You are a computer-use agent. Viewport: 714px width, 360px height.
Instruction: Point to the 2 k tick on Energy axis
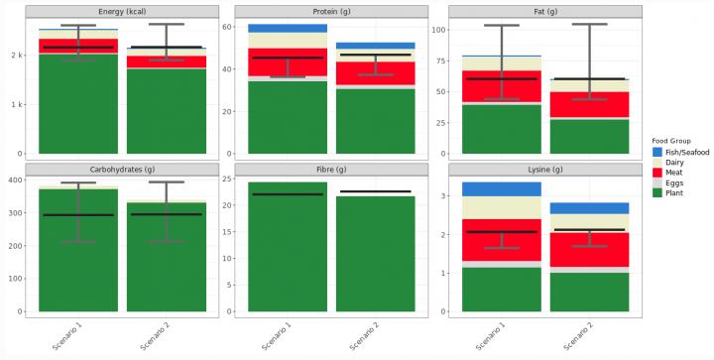(17, 56)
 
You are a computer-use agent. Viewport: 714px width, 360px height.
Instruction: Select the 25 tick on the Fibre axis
(227, 180)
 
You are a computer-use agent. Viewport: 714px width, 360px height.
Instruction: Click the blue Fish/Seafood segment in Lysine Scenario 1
(502, 188)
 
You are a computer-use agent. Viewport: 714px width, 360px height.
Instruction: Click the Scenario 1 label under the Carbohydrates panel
(69, 332)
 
